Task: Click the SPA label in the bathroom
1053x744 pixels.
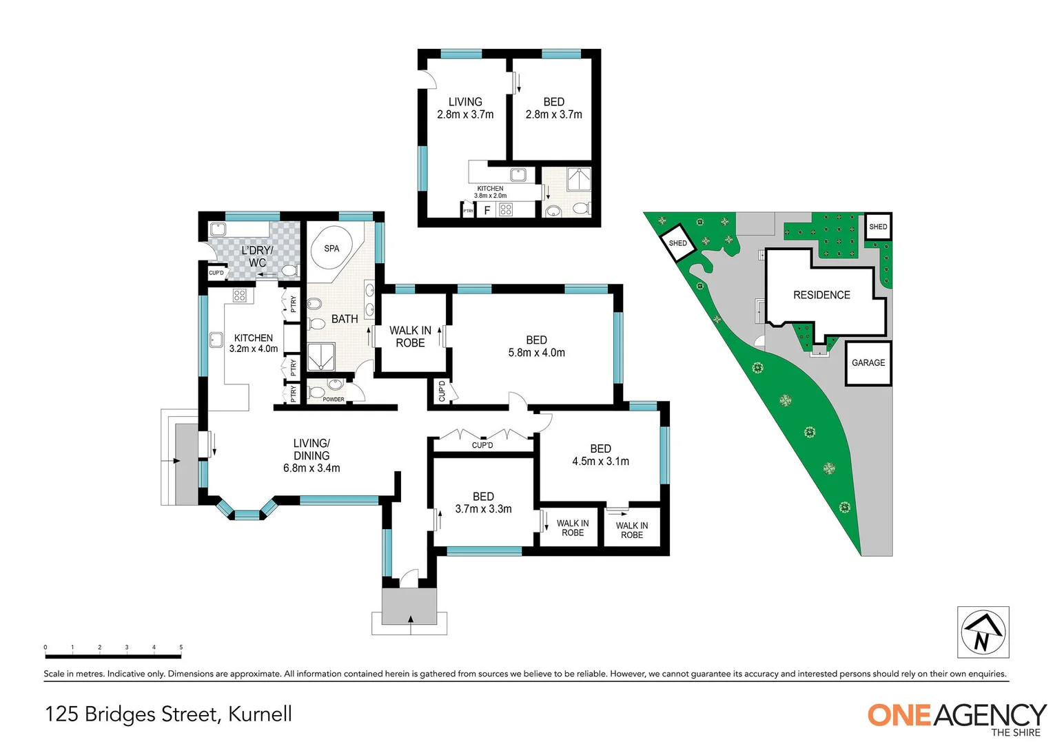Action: (x=331, y=249)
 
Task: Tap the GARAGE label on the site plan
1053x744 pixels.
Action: (x=868, y=363)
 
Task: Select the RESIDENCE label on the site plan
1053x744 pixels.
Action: (x=821, y=295)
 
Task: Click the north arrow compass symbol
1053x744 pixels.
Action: (x=983, y=632)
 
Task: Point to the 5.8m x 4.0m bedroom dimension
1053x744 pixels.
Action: (x=536, y=353)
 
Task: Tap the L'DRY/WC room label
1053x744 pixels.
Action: (x=257, y=256)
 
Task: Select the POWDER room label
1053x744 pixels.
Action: (x=334, y=400)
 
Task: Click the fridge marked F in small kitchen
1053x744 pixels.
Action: (x=487, y=210)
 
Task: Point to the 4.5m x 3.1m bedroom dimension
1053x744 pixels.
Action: (x=600, y=462)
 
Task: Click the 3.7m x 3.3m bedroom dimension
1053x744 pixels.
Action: (x=483, y=509)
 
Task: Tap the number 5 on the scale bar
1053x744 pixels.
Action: (x=181, y=648)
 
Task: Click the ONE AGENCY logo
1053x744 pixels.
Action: (x=957, y=716)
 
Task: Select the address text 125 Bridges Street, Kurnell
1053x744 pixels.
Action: (x=169, y=714)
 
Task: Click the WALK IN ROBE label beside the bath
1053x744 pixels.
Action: (x=410, y=337)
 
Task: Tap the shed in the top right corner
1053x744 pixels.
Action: (x=878, y=227)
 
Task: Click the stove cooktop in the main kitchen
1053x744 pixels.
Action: (x=239, y=296)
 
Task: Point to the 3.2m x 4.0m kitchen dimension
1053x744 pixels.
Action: (x=254, y=349)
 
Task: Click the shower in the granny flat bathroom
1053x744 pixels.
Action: (x=578, y=179)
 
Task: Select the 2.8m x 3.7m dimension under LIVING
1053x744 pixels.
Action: (x=465, y=115)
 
